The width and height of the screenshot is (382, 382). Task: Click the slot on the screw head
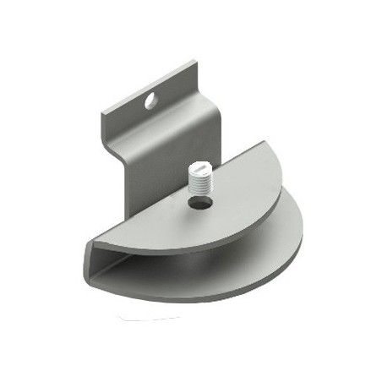[x=199, y=167]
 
